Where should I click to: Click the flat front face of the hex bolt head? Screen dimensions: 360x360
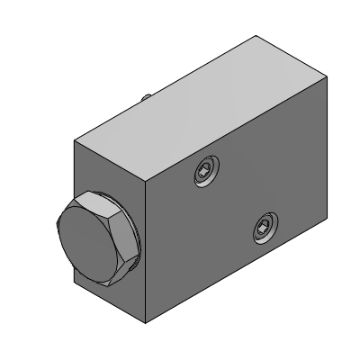(x=86, y=238)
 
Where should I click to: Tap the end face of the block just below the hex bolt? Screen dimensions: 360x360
(x=117, y=292)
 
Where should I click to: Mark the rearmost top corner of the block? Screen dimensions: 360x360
(x=256, y=36)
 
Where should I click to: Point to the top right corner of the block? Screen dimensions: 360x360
(x=327, y=82)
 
